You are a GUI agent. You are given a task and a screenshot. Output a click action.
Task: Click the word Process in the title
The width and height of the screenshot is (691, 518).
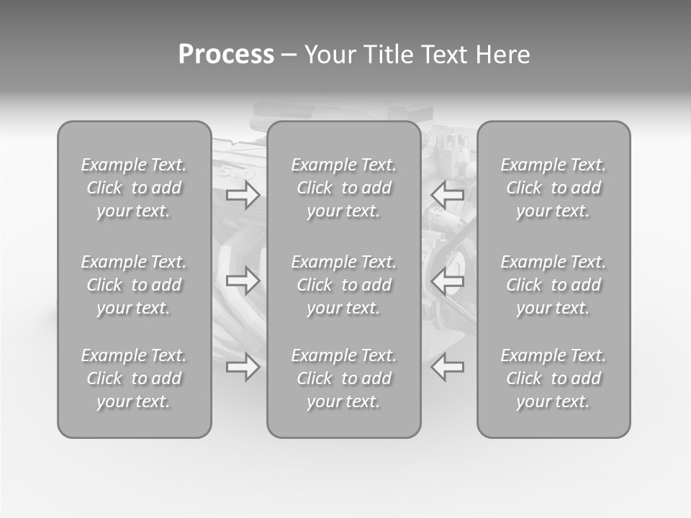coord(226,55)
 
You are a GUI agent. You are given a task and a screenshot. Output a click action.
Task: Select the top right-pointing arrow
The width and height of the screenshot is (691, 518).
coord(243,194)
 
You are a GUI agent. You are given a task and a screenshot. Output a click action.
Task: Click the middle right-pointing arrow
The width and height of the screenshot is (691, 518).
coord(243,281)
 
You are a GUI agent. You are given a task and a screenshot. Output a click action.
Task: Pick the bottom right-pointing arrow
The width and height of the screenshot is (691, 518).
coord(243,367)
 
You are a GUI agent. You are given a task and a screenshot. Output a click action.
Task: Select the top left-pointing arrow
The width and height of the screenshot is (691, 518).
coord(447,194)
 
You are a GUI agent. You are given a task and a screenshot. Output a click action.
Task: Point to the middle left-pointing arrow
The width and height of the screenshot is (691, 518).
coord(447,281)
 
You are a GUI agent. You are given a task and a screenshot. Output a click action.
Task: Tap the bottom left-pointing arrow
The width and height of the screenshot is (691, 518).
coord(447,367)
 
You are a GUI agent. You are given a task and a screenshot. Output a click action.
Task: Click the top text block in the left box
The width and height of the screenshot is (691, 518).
coord(134,188)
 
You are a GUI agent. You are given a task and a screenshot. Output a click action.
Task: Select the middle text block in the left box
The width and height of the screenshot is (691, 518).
coord(134,285)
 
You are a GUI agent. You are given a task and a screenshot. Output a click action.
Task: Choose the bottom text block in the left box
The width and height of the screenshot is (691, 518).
coord(134,378)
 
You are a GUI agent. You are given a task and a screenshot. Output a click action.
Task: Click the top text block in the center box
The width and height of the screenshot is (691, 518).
coord(343,188)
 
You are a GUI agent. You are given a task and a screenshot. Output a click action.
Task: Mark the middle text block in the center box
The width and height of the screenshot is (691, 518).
coord(343,285)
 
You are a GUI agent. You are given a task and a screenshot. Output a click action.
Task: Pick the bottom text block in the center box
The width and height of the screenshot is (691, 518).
coord(343,378)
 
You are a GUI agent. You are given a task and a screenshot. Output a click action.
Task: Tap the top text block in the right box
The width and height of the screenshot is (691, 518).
coord(553,188)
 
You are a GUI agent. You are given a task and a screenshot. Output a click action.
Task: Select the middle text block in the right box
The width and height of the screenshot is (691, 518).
coord(553,285)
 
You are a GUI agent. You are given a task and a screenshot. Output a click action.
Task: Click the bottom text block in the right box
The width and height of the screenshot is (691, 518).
coord(553,378)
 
